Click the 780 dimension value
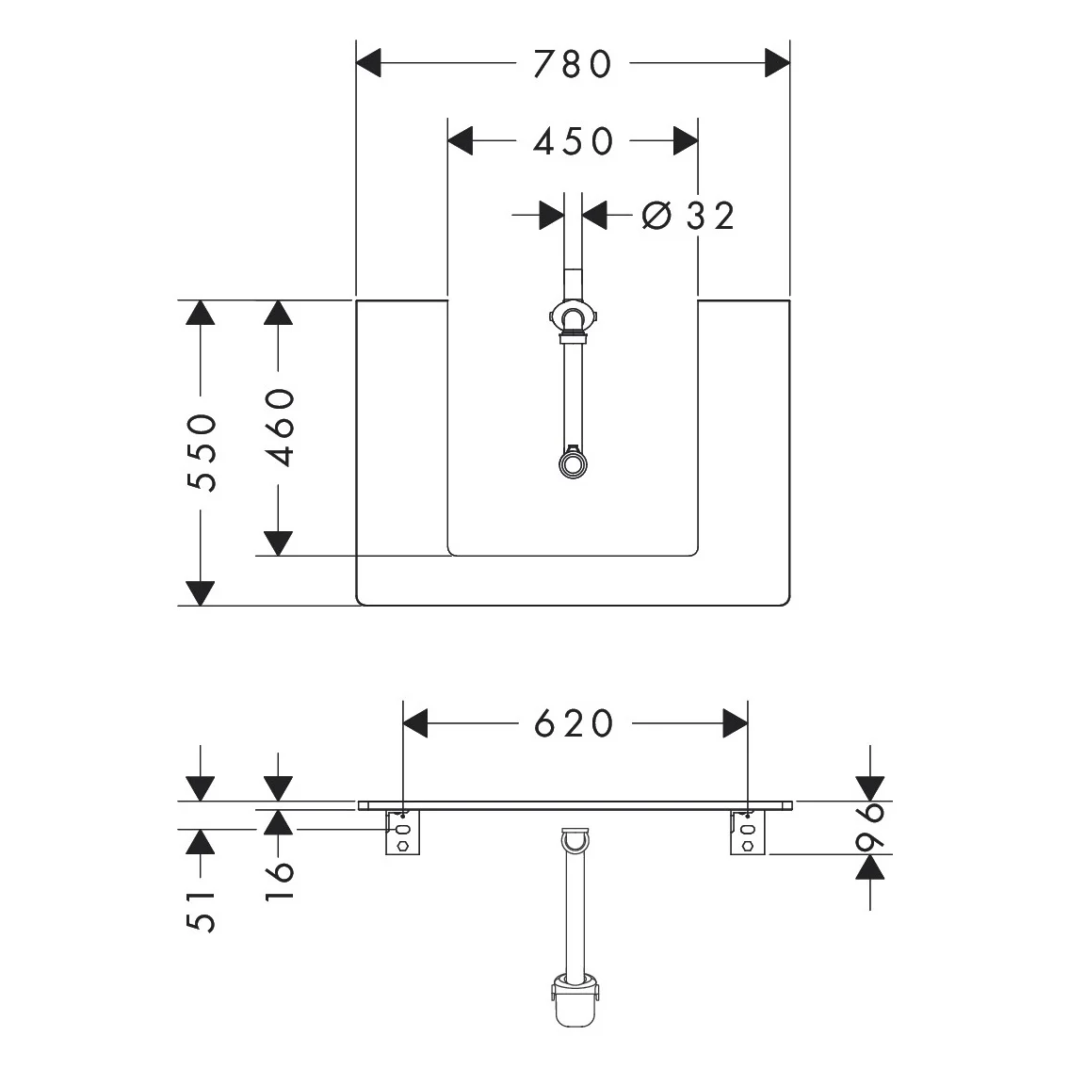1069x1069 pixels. (x=573, y=63)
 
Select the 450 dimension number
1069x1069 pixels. (x=573, y=141)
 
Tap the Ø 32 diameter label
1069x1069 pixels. (x=688, y=216)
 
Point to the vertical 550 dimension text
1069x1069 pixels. (x=202, y=452)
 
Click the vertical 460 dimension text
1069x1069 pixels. (x=280, y=428)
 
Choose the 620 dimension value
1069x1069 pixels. (x=574, y=723)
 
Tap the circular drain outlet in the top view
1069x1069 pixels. (x=573, y=463)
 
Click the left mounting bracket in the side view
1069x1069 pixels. (x=402, y=834)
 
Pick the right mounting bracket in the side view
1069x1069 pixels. (x=748, y=834)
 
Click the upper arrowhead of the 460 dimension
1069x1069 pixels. (x=277, y=312)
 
